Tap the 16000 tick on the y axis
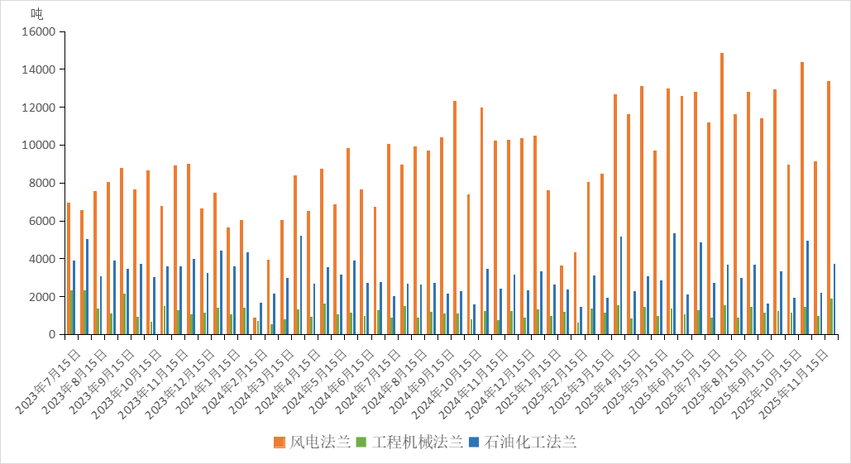pyautogui.click(x=38, y=31)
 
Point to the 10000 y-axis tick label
pyautogui.click(x=38, y=145)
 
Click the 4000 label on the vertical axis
pyautogui.click(x=41, y=259)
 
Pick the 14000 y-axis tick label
pyautogui.click(x=38, y=69)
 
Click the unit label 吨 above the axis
pyautogui.click(x=37, y=13)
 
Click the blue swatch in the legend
pyautogui.click(x=474, y=442)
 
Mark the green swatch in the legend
pyautogui.click(x=361, y=442)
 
